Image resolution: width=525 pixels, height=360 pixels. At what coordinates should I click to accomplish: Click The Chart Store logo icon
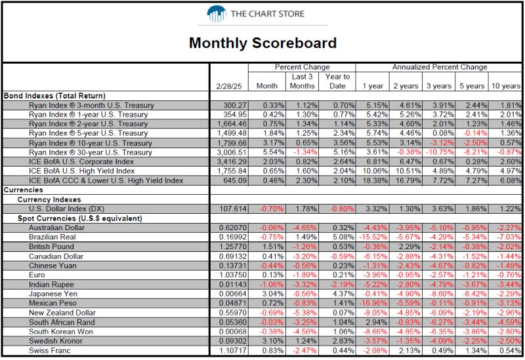(217, 14)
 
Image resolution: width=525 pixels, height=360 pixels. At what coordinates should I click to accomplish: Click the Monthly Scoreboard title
(263, 43)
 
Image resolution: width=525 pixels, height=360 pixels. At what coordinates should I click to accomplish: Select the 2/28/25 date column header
(229, 86)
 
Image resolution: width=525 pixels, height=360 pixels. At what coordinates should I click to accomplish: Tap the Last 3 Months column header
(302, 81)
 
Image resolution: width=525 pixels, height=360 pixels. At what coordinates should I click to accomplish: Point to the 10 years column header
(506, 86)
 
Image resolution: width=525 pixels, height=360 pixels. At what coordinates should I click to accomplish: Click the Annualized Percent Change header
(440, 67)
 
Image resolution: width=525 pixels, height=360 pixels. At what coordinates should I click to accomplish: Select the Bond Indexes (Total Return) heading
(54, 96)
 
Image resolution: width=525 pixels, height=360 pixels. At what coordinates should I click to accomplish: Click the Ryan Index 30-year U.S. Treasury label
(91, 152)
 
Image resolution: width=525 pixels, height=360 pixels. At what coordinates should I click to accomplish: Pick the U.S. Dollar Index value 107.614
(233, 209)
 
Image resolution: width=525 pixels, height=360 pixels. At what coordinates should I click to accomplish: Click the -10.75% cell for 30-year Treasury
(440, 152)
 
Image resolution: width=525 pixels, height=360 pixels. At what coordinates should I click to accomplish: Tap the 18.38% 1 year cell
(375, 180)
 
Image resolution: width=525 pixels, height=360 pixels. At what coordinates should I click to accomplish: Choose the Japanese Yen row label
(53, 294)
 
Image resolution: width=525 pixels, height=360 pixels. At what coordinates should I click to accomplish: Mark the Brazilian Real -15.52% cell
(373, 237)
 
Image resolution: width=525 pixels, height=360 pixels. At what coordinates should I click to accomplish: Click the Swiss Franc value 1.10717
(233, 351)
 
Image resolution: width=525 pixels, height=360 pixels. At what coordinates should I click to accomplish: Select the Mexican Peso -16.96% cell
(373, 303)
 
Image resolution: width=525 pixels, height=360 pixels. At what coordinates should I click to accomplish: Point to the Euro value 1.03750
(233, 275)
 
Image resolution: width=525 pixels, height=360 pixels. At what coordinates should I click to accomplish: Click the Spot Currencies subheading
(79, 218)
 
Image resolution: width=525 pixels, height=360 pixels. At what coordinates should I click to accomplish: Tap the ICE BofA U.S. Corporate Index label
(81, 161)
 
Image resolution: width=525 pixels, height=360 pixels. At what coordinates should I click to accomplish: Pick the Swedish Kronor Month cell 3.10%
(273, 341)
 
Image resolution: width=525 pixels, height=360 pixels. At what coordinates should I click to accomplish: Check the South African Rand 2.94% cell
(376, 322)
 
